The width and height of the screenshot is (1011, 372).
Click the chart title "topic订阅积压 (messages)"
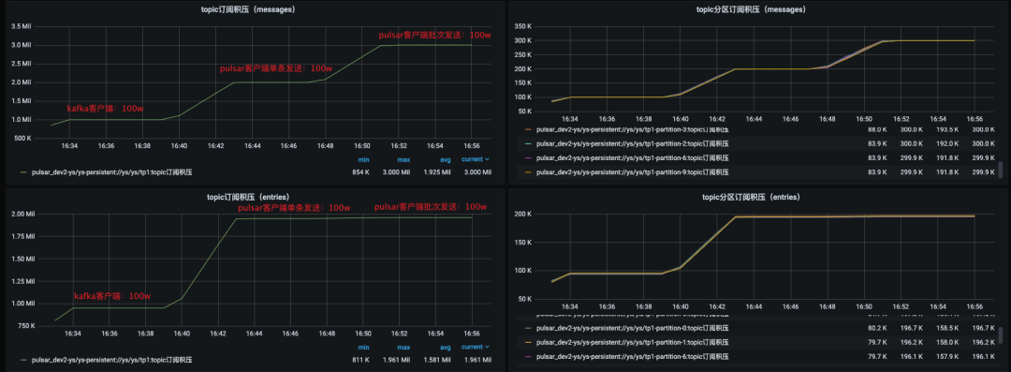[254, 8]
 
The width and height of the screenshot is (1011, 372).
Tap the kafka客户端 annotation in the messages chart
[105, 109]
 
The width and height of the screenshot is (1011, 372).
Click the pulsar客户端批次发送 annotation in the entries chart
[430, 206]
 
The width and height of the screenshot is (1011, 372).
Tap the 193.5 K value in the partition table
[945, 128]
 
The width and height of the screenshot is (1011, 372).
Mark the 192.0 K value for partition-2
[945, 143]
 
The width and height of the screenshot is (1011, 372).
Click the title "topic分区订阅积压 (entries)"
[757, 197]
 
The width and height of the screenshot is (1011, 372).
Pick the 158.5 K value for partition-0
[945, 328]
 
